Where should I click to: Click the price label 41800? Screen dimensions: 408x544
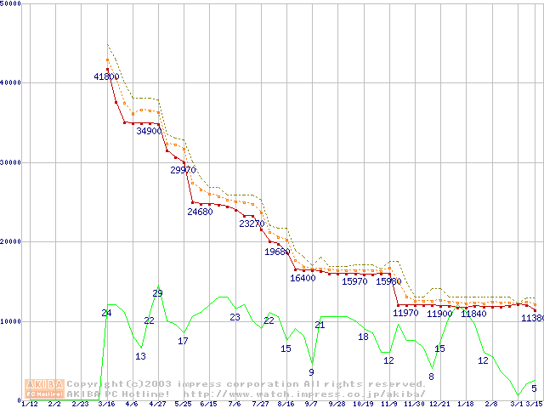coord(106,76)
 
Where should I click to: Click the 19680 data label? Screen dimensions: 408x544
coord(277,252)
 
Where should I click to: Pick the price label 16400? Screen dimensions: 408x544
coord(303,278)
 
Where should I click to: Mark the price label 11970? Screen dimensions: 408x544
coord(405,314)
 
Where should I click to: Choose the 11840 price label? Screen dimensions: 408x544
coord(473,314)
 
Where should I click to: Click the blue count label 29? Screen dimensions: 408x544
coord(157,293)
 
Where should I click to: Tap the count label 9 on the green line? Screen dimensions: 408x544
coord(311,372)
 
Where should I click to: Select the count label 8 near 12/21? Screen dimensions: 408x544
coord(431,377)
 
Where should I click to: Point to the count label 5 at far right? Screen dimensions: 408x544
coord(534,388)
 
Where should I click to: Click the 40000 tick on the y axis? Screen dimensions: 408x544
coord(11,82)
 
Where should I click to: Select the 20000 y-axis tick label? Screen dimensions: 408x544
coord(11,241)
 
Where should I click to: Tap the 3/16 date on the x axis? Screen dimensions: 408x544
coord(106,405)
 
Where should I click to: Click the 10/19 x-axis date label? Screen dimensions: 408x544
coord(363,405)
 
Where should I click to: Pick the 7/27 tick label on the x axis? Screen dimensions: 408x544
coord(260,405)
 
